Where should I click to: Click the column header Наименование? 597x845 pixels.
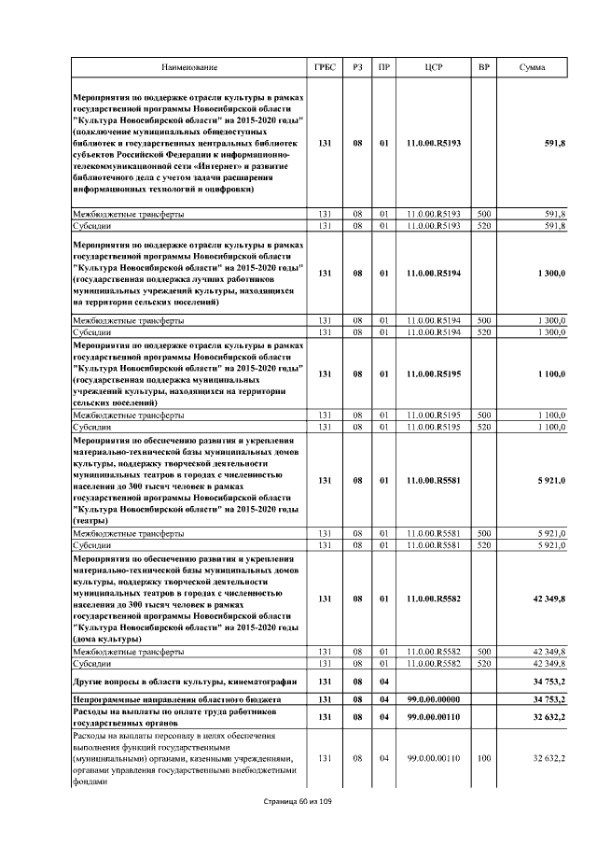pos(189,68)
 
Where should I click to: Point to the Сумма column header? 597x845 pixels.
pos(533,68)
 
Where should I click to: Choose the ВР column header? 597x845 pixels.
pos(483,68)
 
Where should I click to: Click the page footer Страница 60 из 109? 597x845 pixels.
pos(298,801)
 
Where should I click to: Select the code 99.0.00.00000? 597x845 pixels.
pos(434,699)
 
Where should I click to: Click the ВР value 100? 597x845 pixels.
pos(483,758)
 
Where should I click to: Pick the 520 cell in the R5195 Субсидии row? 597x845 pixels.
pos(483,427)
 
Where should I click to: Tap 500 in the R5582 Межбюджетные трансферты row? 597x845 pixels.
pos(483,651)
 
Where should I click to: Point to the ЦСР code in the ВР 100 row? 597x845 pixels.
pos(434,758)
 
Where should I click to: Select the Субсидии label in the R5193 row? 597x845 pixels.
pos(93,225)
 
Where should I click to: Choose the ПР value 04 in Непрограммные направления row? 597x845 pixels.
pos(383,699)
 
